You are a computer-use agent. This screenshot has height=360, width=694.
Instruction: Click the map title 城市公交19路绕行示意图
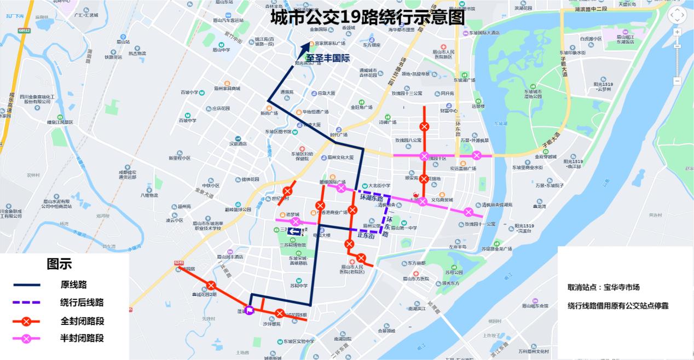(367, 17)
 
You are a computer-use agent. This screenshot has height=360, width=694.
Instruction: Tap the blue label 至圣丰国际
(327, 57)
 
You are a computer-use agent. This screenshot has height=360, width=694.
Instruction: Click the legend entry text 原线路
(73, 284)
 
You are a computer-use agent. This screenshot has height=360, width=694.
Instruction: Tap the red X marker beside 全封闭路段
(27, 321)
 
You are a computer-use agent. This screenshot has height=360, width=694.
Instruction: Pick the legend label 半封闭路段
(82, 338)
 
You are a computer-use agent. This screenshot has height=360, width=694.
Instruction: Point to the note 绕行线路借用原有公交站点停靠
(618, 306)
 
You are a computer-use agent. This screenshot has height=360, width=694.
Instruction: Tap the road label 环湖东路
(371, 198)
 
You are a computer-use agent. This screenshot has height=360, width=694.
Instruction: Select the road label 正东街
(366, 236)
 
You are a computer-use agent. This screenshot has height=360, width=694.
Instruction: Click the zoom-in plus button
(677, 32)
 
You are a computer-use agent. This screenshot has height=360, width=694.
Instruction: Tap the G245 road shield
(178, 263)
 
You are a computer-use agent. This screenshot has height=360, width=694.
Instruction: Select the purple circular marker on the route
(250, 310)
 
